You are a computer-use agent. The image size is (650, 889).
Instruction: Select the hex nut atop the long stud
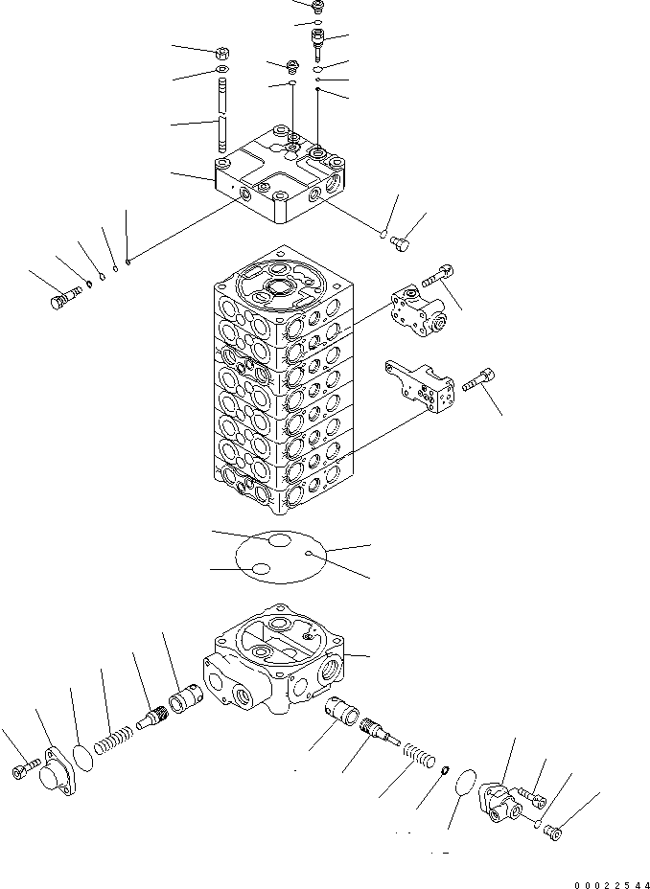(x=221, y=54)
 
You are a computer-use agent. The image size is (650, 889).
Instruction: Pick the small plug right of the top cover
(x=402, y=246)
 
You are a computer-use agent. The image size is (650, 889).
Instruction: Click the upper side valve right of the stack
(x=419, y=312)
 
